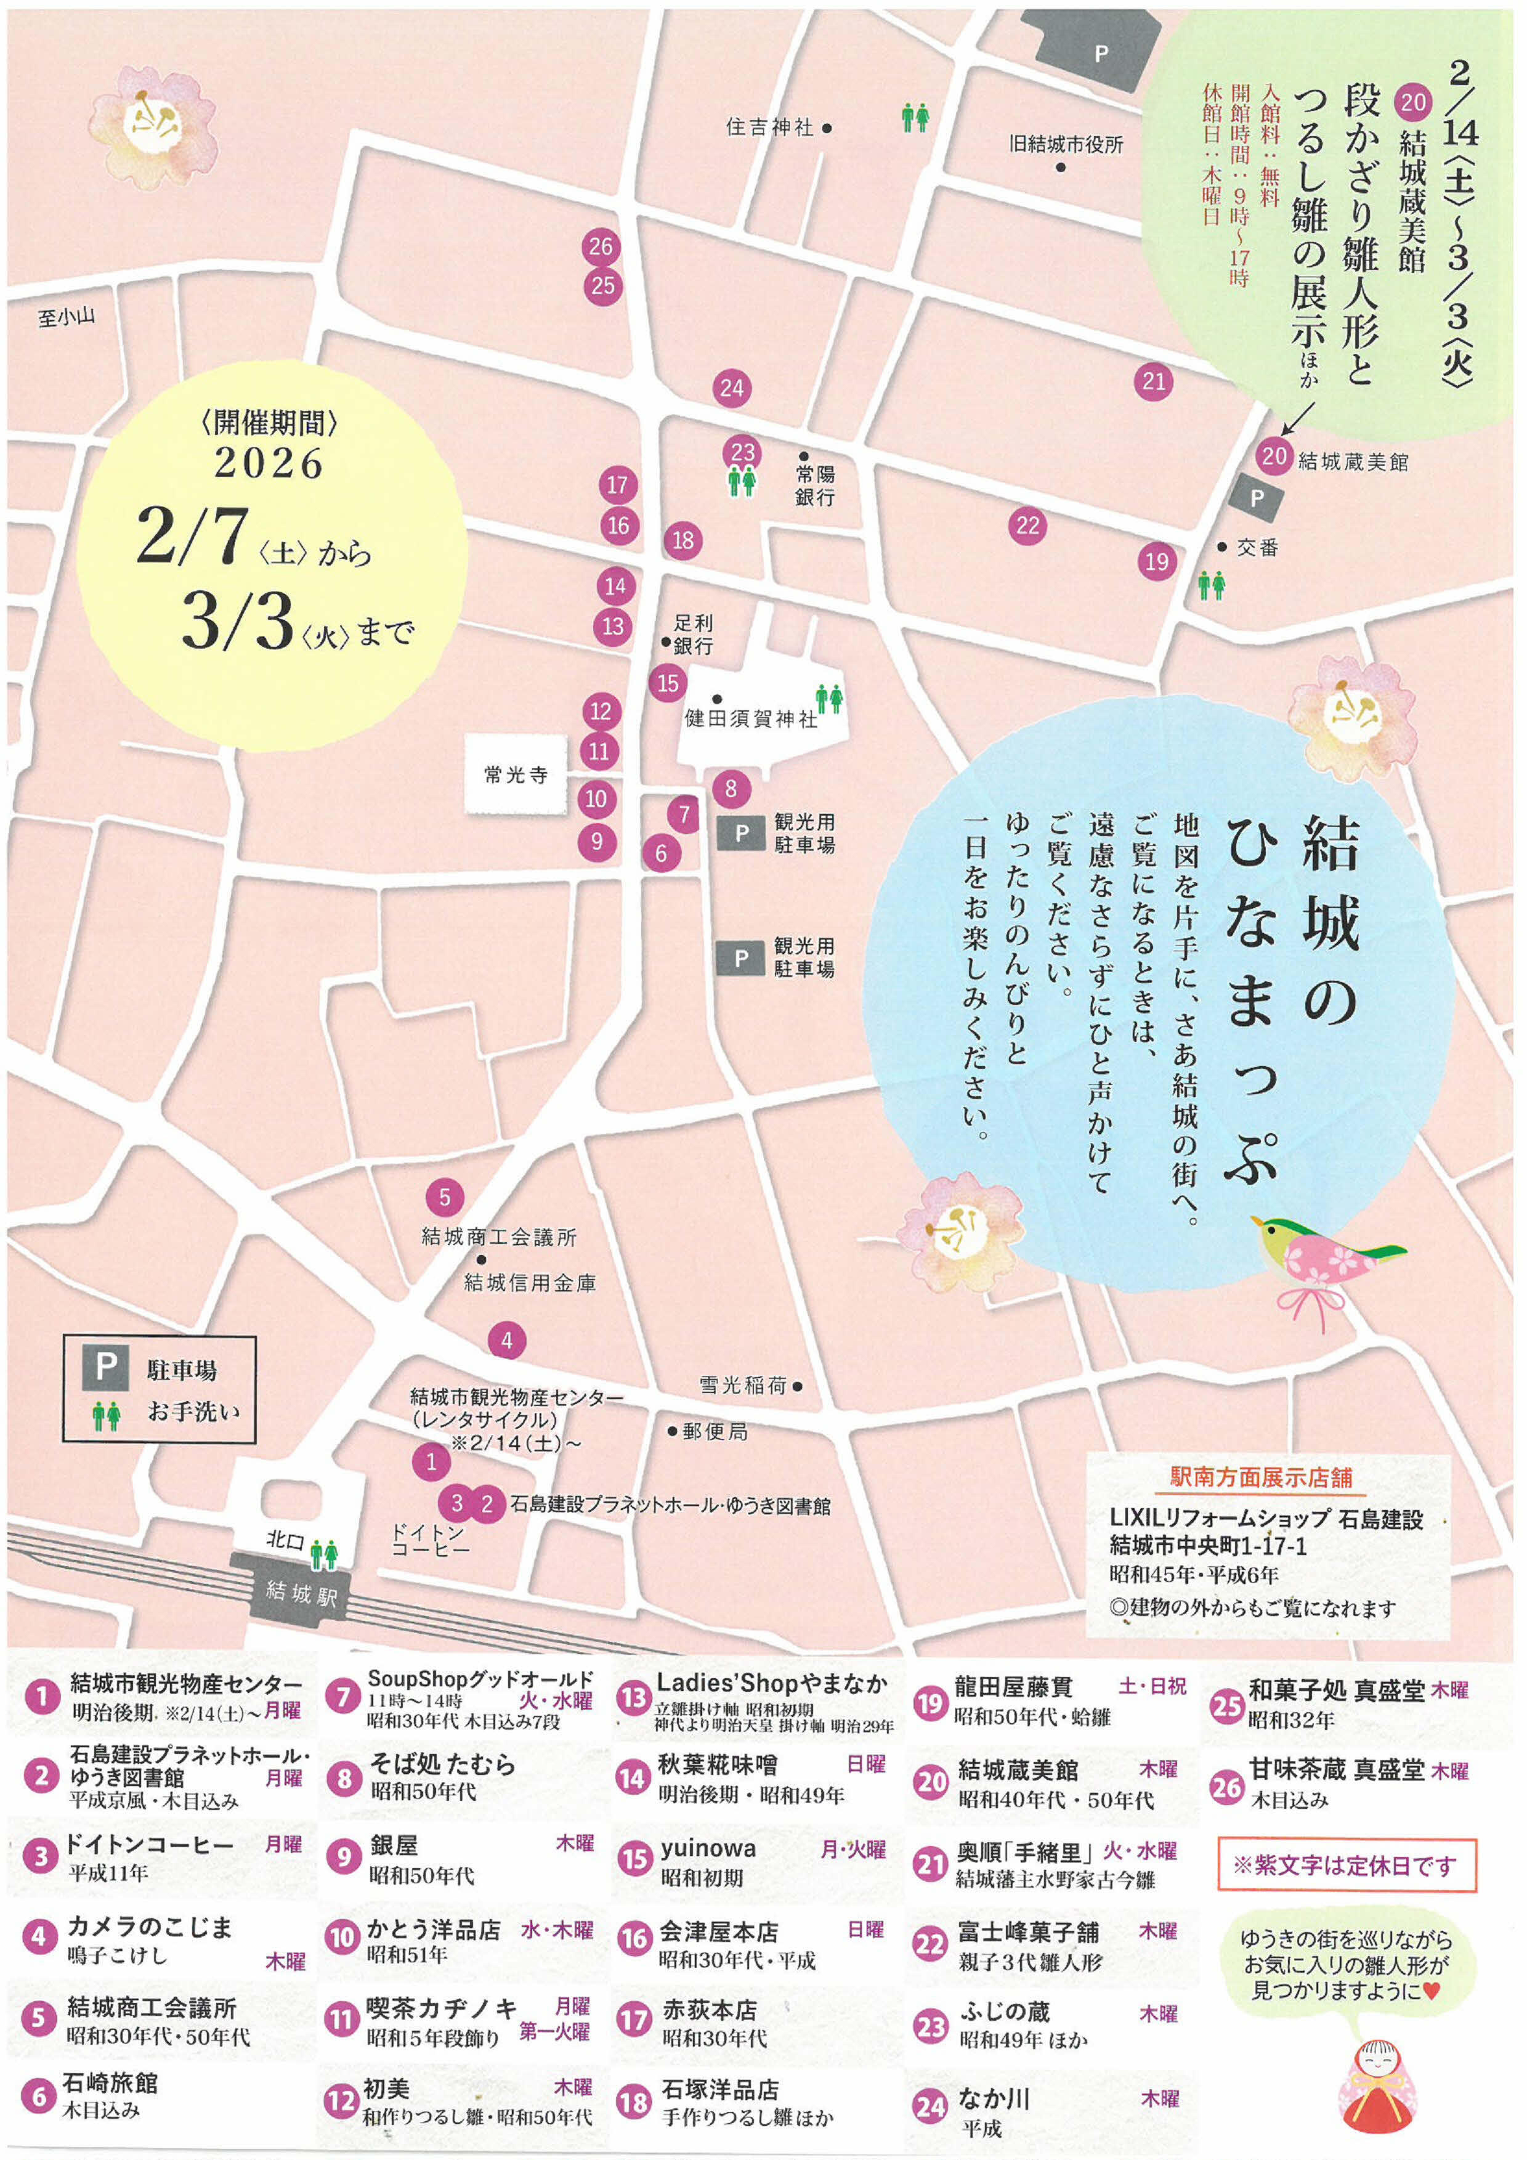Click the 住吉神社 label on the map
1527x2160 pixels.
pyautogui.click(x=769, y=127)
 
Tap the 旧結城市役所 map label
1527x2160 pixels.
pyautogui.click(x=1066, y=145)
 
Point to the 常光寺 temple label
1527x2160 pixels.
pyautogui.click(x=516, y=775)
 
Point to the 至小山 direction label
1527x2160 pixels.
pyautogui.click(x=67, y=318)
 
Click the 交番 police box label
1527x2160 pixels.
pyautogui.click(x=1257, y=548)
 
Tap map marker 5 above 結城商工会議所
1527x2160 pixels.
pyautogui.click(x=444, y=1198)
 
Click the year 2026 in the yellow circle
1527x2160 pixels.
pyautogui.click(x=268, y=463)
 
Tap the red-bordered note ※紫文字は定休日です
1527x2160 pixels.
pyautogui.click(x=1345, y=1866)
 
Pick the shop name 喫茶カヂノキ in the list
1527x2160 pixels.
pyautogui.click(x=442, y=2008)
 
